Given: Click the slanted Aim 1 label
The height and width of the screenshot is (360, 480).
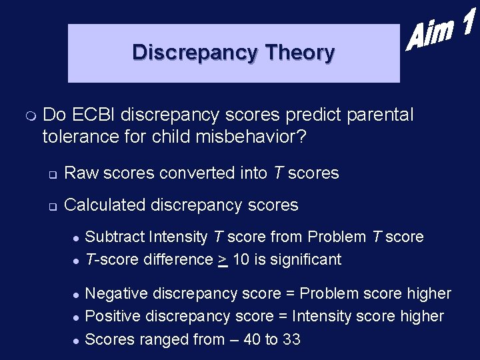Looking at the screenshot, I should click(441, 32).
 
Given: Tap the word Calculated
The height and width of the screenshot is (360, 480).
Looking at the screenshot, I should click(105, 205).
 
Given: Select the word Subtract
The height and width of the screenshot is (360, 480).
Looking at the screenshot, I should click(114, 237).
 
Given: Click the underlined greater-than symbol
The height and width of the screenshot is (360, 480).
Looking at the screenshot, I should click(222, 259).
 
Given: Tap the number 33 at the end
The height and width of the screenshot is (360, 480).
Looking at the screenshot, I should click(291, 339).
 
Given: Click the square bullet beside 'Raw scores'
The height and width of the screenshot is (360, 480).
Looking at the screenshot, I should click(51, 175).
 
